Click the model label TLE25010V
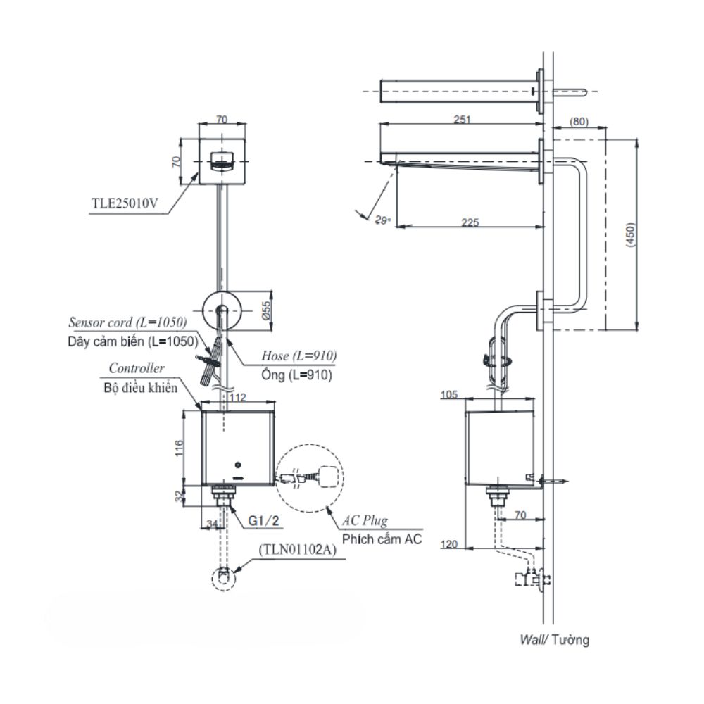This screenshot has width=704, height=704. click(x=125, y=203)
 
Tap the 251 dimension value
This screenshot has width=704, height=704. click(x=462, y=120)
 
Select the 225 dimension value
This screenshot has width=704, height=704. click(x=470, y=222)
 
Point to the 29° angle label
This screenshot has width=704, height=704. click(x=383, y=220)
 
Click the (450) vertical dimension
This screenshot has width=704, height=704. click(x=630, y=234)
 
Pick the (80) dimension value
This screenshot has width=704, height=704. click(x=579, y=121)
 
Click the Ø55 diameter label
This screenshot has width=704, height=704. click(x=266, y=310)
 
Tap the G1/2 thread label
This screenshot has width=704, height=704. click(x=263, y=520)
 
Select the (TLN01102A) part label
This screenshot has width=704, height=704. click(x=297, y=550)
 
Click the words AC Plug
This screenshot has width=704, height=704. click(x=365, y=520)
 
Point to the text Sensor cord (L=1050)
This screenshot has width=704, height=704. click(x=127, y=322)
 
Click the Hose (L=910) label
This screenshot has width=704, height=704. click(x=299, y=356)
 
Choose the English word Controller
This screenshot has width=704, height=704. click(x=137, y=368)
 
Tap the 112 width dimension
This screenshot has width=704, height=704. click(x=237, y=397)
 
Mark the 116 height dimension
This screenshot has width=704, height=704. click(x=179, y=448)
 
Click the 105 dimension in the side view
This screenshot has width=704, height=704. click(x=449, y=395)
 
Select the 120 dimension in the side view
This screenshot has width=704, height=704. click(x=449, y=544)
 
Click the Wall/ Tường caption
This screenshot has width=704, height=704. click(x=555, y=639)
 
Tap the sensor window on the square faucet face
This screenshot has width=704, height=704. click(x=222, y=161)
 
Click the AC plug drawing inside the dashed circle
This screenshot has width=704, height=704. click(x=310, y=477)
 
